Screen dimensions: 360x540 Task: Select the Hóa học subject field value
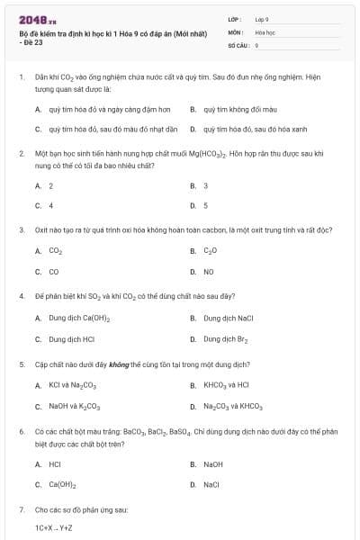[x=265, y=31]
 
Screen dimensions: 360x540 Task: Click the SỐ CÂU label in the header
[x=238, y=44]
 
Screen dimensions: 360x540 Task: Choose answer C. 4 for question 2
[x=45, y=205]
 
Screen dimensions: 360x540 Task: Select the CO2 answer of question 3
[x=55, y=251]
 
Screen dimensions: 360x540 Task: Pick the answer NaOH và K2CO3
[x=76, y=407]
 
